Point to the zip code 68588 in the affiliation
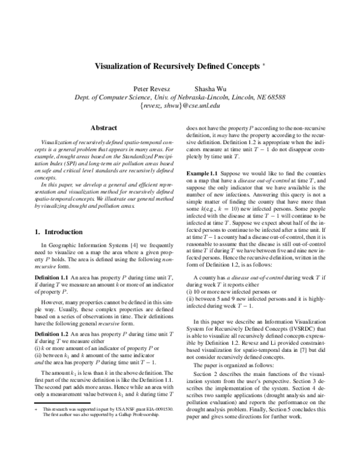tap(274, 97)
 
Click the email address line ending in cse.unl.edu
tap(180, 106)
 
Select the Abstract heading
tap(103, 127)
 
